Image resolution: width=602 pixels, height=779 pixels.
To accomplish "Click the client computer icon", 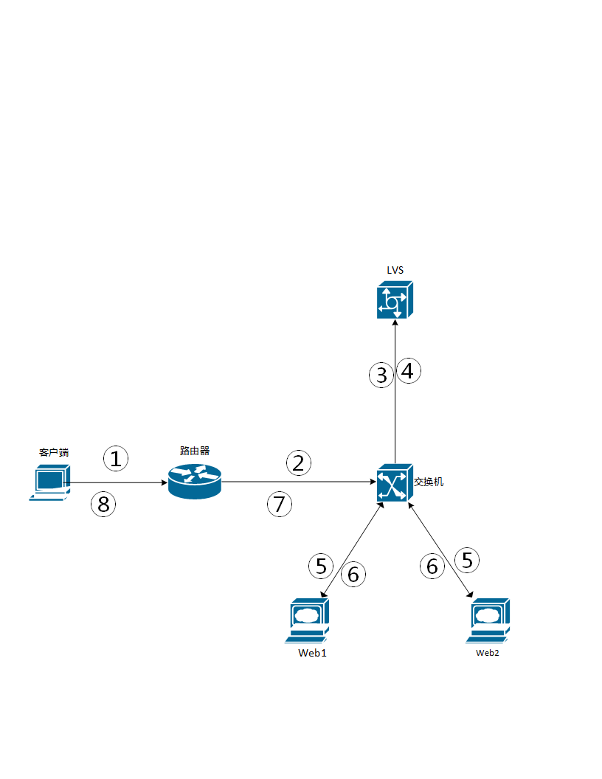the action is click(x=49, y=482).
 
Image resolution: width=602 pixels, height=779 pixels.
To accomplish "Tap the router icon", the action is click(x=194, y=482).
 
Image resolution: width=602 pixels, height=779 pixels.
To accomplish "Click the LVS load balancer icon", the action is click(x=395, y=300).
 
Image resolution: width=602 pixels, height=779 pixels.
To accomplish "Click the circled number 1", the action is click(x=116, y=458).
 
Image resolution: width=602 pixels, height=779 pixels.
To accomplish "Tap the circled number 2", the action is click(x=298, y=463).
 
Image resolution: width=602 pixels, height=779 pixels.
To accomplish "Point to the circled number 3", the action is click(x=381, y=375).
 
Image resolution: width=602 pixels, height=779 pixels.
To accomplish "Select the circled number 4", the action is click(x=408, y=370).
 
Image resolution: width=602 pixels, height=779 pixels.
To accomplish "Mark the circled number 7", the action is click(x=279, y=505).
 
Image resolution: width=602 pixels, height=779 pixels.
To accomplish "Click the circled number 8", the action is click(x=103, y=505).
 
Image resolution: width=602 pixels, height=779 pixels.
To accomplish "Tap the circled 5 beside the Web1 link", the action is click(x=321, y=566).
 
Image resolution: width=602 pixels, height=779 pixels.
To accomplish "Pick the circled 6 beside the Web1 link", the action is click(x=353, y=574).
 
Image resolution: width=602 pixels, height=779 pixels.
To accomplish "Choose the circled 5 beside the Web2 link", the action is click(x=466, y=560).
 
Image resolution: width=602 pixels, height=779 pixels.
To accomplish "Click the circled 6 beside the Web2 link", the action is click(x=432, y=566).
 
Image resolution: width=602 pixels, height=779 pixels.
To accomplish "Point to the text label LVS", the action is click(x=395, y=270).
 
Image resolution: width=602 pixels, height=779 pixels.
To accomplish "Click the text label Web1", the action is click(x=312, y=653).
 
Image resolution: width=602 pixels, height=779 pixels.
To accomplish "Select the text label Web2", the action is click(x=488, y=653).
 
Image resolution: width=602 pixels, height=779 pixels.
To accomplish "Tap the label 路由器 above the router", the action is click(x=194, y=450).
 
